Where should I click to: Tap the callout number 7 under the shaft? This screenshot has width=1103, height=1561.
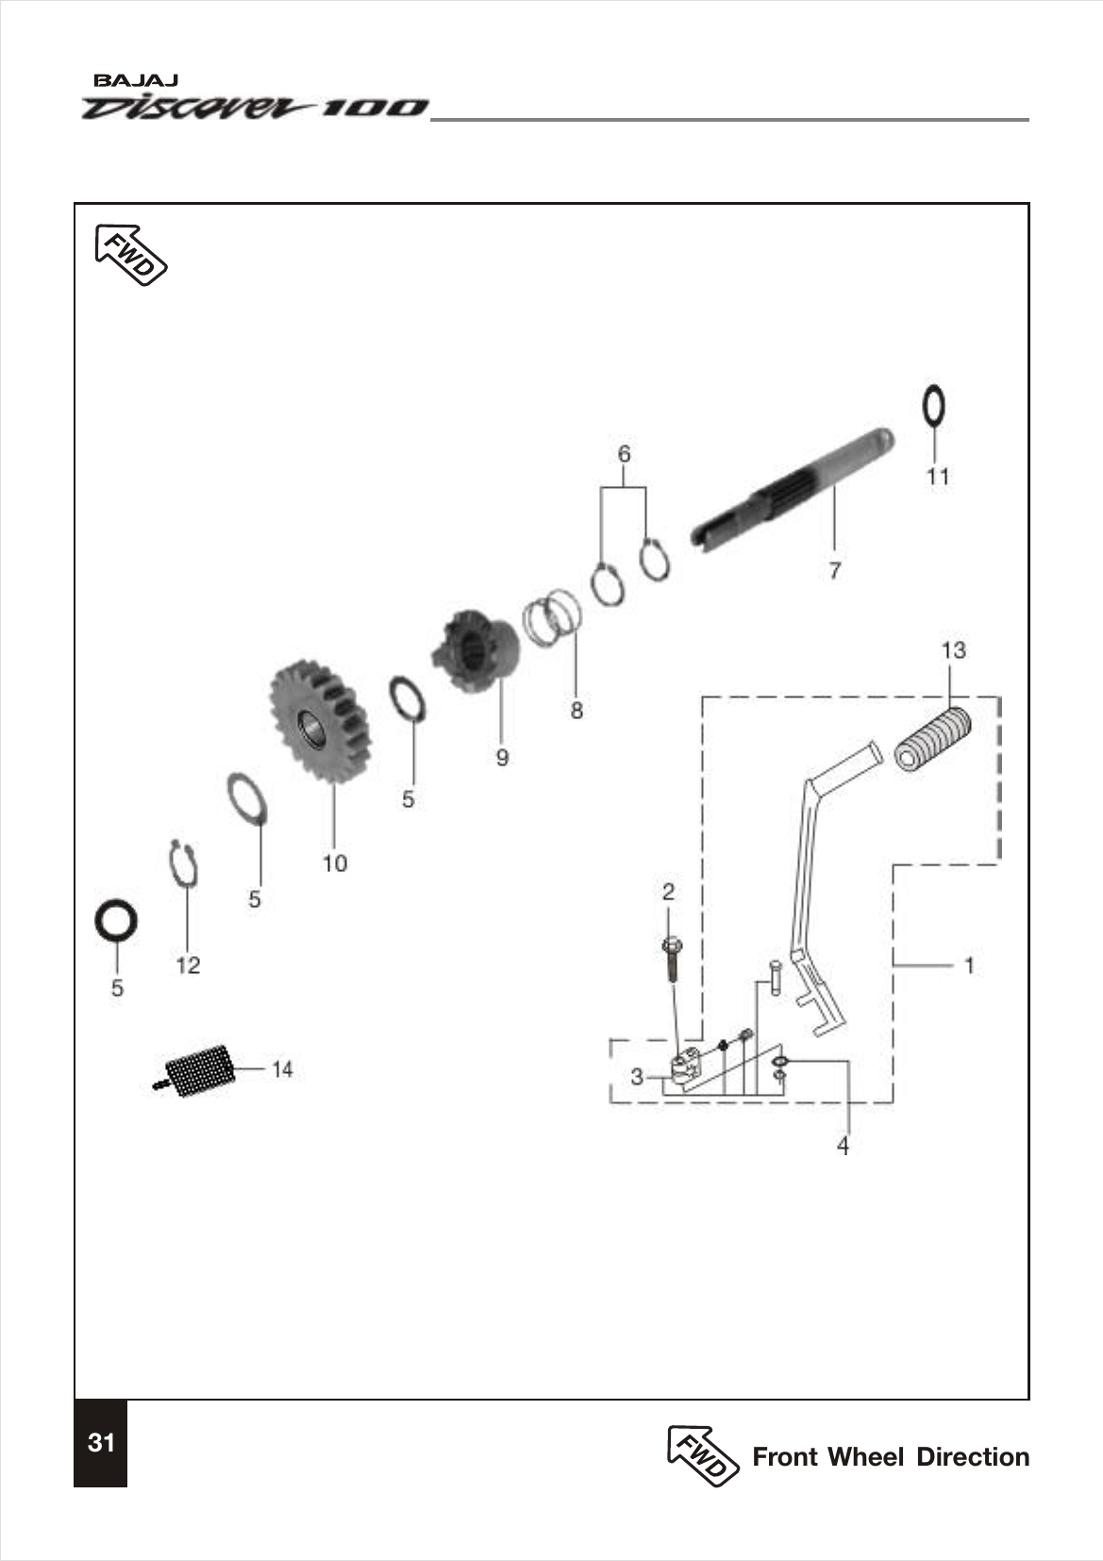(834, 571)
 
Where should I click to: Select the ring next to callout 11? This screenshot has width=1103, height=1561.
(933, 407)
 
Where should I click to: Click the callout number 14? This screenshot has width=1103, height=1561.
(282, 1069)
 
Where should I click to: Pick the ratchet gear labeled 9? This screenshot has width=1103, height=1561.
(476, 651)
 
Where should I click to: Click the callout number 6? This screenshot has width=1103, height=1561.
(624, 454)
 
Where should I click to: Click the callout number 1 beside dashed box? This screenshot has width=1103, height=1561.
(969, 965)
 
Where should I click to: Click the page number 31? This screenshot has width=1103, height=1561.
(101, 1443)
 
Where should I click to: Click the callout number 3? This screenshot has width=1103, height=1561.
(637, 1077)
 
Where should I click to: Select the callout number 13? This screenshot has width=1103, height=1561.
(953, 650)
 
